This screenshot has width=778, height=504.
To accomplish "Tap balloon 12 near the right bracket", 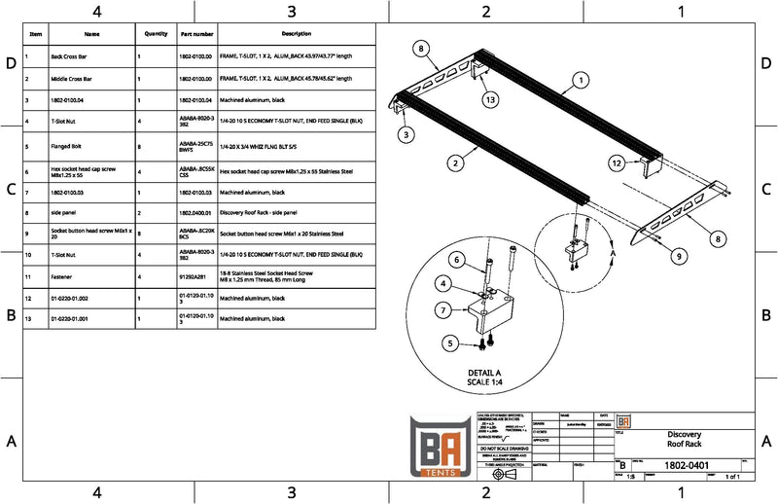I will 617,162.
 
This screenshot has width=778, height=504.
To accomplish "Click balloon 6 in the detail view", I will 455,259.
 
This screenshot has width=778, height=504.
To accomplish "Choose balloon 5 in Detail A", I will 449,342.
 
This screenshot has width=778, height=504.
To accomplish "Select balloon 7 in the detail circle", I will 443,309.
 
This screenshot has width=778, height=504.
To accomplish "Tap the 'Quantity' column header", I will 156,33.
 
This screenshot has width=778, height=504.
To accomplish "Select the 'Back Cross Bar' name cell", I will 71,57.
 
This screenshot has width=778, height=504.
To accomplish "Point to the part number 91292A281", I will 195,276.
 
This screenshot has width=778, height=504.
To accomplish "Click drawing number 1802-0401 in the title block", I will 684,466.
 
